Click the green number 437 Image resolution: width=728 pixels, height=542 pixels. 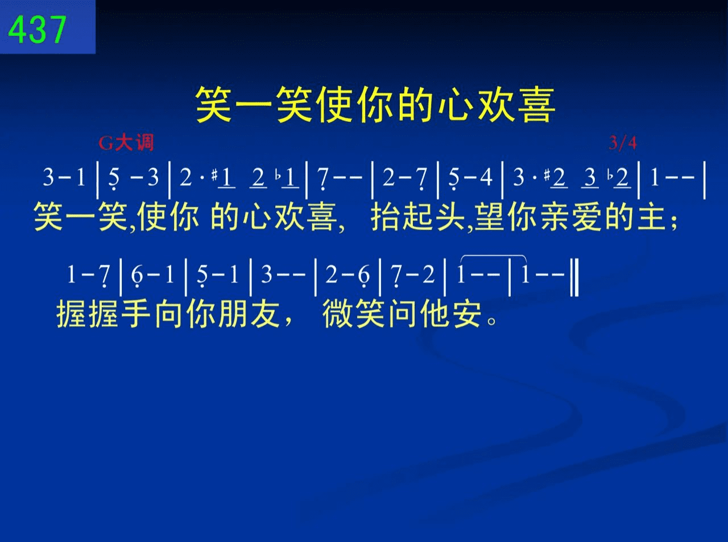point(37,30)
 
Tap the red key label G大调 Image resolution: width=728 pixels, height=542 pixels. point(126,143)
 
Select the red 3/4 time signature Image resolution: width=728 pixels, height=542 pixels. point(623,143)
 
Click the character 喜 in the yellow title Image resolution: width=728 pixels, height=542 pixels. point(536,105)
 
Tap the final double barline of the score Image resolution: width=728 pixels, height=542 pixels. point(574,277)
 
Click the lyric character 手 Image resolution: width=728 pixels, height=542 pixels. point(136,313)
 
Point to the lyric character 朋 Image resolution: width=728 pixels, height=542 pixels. point(233,313)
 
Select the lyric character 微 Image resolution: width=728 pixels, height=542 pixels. point(337,313)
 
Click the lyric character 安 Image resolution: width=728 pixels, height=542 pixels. point(467,313)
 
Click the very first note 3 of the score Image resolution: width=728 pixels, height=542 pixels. point(48,178)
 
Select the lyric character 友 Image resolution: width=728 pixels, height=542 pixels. point(265,313)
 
